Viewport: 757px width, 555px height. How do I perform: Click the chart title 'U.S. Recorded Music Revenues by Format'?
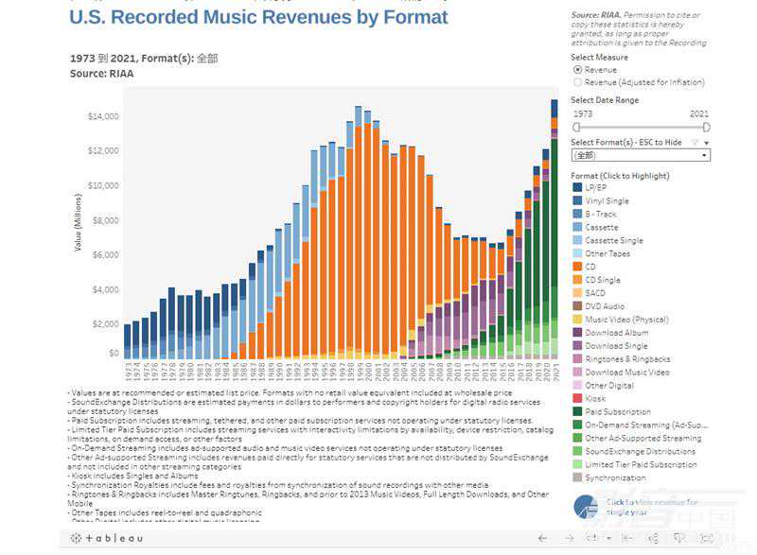258,18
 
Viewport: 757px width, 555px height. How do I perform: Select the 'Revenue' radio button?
578,70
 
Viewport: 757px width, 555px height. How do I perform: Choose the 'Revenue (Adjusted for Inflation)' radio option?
578,82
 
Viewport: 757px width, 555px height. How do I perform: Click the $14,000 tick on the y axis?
102,116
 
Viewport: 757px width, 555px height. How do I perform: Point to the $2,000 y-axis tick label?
104,324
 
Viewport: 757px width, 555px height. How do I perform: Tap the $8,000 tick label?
104,220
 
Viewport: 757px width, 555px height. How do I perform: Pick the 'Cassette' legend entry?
601,228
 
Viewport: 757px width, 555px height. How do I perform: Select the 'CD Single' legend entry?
603,280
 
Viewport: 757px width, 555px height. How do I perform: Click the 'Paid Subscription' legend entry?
618,412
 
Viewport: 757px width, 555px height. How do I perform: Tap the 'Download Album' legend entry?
617,333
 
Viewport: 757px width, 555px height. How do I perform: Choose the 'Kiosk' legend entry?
595,399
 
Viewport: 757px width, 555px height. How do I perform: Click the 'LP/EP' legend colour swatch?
576,188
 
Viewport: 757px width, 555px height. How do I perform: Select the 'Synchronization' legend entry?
615,477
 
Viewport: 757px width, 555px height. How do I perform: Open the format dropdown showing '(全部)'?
641,155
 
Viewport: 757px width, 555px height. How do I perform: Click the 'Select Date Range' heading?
605,100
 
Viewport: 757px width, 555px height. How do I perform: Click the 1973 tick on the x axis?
127,369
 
